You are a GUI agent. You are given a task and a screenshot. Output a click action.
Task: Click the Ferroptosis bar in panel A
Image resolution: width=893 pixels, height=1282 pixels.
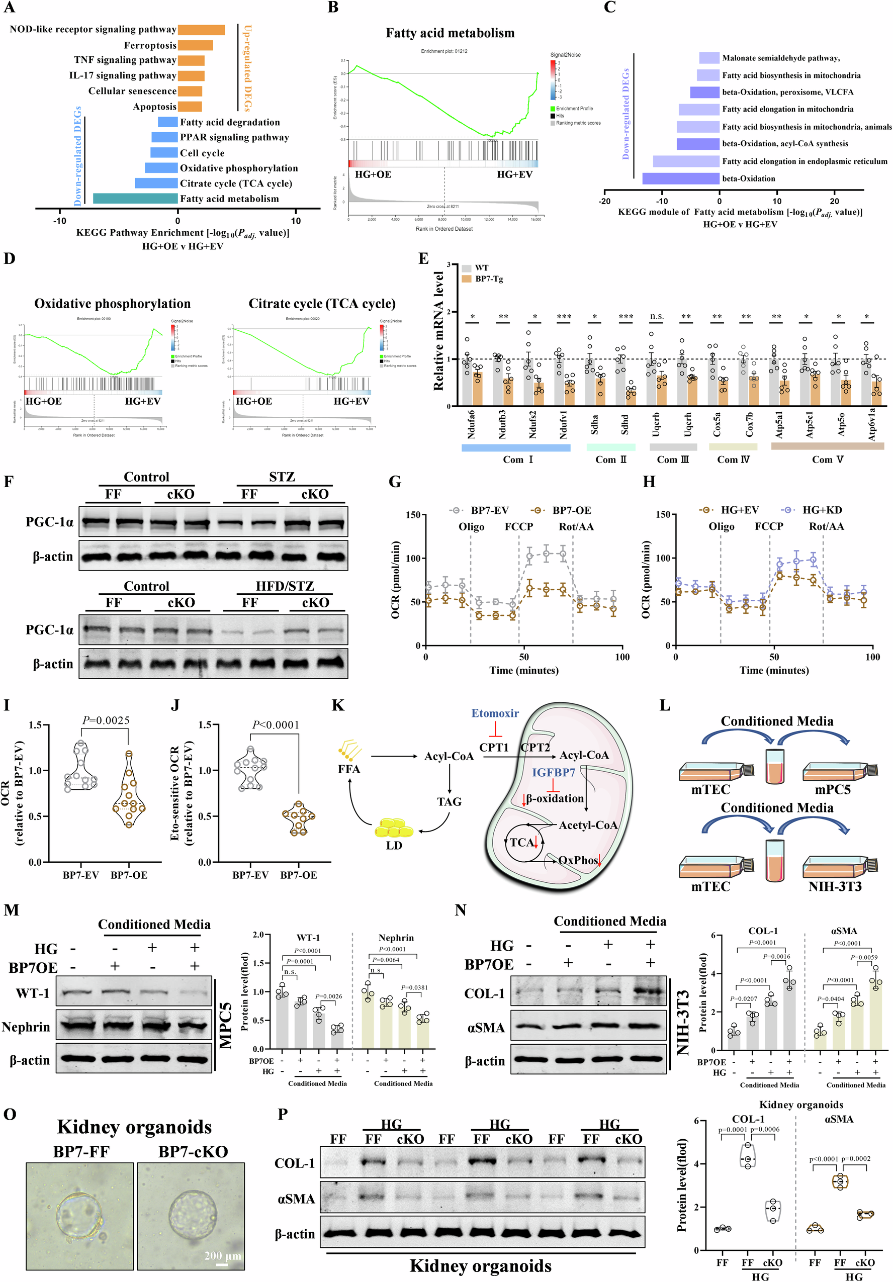[x=195, y=45]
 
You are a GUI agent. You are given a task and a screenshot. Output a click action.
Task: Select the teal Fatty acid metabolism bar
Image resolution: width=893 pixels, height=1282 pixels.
[x=135, y=198]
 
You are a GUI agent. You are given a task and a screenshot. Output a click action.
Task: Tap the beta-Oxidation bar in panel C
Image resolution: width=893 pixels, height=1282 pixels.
[x=680, y=178]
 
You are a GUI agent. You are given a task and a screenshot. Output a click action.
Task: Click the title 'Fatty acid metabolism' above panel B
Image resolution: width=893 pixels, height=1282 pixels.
[x=450, y=33]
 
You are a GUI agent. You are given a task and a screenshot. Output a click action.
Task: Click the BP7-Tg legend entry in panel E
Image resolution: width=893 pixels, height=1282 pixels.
[x=489, y=279]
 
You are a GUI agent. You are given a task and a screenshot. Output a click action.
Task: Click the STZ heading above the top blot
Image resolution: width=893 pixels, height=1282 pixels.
[x=282, y=477]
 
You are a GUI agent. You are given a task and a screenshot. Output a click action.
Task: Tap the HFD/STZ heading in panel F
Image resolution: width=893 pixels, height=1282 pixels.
[x=285, y=586]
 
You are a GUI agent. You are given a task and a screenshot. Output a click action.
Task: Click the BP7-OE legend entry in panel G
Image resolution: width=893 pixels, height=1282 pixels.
[x=571, y=510]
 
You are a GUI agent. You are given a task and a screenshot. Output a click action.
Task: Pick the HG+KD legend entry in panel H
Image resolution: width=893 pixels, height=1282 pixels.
[x=822, y=510]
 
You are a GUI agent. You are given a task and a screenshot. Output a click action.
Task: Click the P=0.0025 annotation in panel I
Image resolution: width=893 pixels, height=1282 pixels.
[x=106, y=720]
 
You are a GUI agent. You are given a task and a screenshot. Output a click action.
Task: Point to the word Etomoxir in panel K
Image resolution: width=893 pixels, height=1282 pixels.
[x=495, y=713]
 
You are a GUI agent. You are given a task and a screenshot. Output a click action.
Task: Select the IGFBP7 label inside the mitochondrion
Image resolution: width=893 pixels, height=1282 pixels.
[x=553, y=772]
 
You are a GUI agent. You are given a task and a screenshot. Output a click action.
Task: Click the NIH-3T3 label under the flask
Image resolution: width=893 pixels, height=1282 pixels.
[x=834, y=887]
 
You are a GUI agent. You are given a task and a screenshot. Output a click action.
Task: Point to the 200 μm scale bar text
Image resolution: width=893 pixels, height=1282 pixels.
[x=223, y=1256]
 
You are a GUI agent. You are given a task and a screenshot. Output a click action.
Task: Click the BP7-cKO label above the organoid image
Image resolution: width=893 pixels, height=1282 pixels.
[x=193, y=1152]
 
